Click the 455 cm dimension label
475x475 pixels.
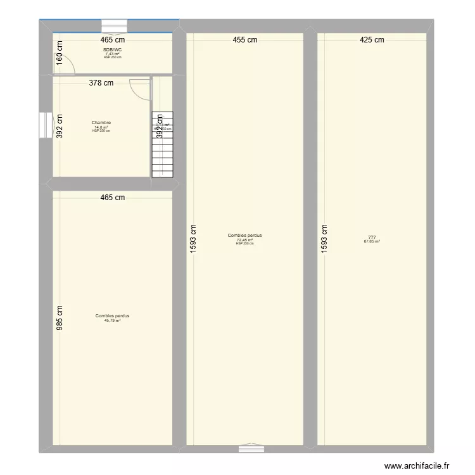coord(244,40)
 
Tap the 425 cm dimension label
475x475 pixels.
coord(372,40)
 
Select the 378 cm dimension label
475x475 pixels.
coord(101,82)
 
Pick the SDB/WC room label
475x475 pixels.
coord(112,50)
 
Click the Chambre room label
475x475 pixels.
coord(101,123)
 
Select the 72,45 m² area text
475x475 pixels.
coord(244,239)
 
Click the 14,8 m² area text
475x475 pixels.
coord(101,127)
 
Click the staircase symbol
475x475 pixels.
coord(162,146)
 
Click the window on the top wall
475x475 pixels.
coord(115,26)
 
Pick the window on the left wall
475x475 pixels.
coord(45,125)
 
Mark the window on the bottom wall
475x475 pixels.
coord(251,448)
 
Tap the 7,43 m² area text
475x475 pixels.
coord(112,54)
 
